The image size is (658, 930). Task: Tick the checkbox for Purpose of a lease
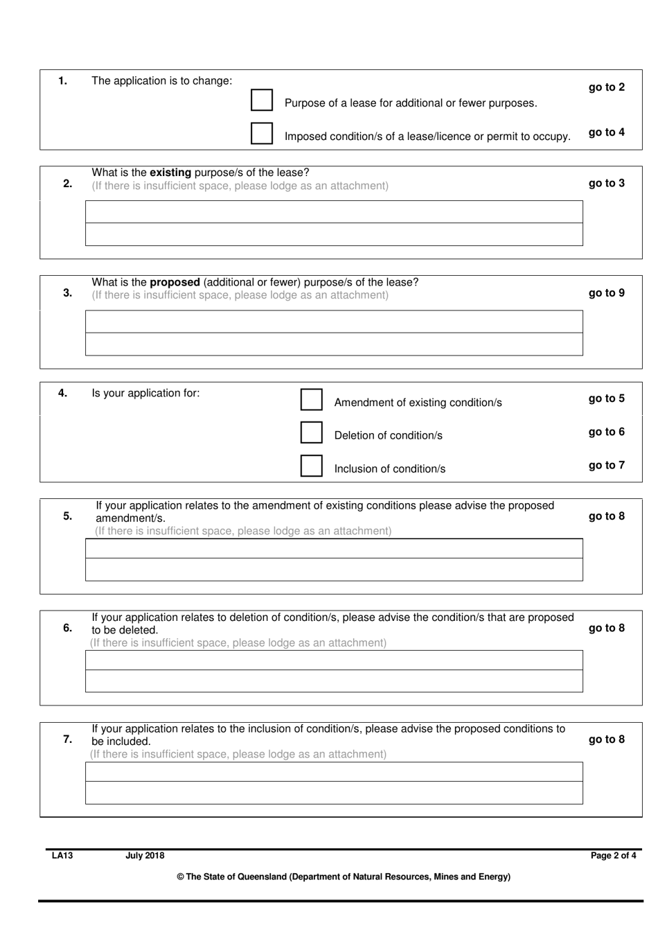262,100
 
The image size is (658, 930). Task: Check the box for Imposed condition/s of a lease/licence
262,133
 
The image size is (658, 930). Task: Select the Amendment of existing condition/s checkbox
312,399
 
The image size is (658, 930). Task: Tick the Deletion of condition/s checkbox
312,432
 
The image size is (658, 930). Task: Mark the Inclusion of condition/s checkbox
312,466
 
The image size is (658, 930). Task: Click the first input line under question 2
334,212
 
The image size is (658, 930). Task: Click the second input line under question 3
334,344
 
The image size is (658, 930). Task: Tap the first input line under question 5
334,549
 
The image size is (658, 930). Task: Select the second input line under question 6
334,681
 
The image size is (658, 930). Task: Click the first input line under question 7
334,772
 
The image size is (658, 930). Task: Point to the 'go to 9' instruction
606,293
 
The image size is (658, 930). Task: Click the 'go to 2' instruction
606,87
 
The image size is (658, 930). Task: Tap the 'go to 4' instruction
606,132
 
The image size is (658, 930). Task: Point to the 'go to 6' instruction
606,432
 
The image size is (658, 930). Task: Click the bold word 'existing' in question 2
170,173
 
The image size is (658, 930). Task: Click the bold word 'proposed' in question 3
175,283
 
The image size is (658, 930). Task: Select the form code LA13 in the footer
62,856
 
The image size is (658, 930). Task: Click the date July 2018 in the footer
145,856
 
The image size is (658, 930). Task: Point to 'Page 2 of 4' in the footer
613,856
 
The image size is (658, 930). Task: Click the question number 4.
62,393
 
